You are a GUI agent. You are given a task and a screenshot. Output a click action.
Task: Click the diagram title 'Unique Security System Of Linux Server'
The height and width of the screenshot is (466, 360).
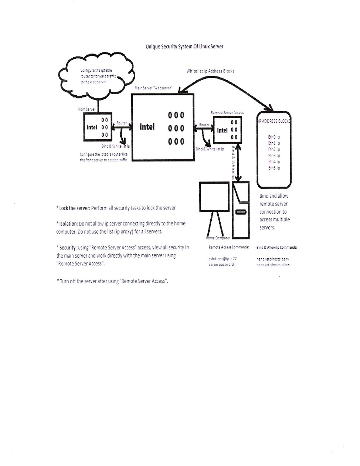coord(184,47)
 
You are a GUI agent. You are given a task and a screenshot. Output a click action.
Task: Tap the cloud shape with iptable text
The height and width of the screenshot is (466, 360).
coord(97,76)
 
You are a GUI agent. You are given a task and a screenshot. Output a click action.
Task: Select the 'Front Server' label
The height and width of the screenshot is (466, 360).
coord(86,109)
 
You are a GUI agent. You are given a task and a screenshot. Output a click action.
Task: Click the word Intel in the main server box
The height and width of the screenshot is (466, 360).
coord(147,127)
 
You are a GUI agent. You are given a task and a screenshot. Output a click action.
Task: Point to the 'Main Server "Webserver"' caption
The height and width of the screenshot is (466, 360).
coord(153,88)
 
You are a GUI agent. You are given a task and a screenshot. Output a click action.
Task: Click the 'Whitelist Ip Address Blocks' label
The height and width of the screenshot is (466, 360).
coord(210,71)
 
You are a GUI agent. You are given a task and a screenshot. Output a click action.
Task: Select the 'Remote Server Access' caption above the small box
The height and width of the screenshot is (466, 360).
coord(227,113)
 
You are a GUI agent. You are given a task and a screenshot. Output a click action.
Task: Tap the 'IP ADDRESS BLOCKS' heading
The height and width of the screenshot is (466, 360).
coord(274,121)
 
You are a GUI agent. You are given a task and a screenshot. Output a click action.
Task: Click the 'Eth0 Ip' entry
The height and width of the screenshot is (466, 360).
coord(274,137)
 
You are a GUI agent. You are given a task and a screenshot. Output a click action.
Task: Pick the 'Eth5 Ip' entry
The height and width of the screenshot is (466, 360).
coord(274,168)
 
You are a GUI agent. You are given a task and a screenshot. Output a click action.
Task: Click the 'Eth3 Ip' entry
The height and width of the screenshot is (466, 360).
coord(274,156)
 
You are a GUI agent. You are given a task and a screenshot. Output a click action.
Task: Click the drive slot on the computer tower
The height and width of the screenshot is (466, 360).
coord(241,212)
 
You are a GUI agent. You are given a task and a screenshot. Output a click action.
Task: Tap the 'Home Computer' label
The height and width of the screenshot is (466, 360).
coord(218,238)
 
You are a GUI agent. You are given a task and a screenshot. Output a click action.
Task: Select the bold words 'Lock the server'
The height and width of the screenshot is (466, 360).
coord(74,208)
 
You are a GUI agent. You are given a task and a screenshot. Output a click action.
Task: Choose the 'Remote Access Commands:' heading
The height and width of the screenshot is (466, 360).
coord(228,247)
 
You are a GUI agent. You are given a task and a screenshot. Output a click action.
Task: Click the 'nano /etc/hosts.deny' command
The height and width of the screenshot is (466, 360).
coord(273,259)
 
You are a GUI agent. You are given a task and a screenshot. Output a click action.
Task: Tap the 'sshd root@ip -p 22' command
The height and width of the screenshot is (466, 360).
coord(223,259)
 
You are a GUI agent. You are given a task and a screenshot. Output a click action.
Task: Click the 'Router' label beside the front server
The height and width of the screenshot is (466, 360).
coord(122,123)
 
